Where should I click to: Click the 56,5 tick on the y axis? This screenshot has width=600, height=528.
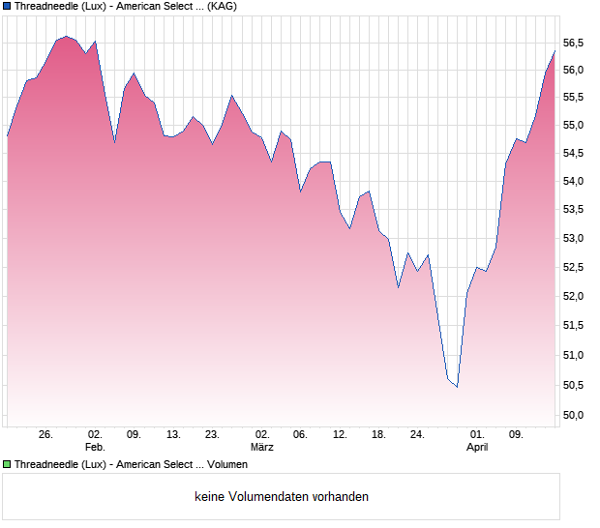pyautogui.click(x=575, y=43)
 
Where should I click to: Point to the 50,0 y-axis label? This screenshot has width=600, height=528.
pyautogui.click(x=575, y=415)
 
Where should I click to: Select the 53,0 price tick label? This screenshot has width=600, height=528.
pyautogui.click(x=575, y=238)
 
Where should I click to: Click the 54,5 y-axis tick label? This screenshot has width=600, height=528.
pyautogui.click(x=575, y=153)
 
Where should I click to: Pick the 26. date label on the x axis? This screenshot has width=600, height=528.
pyautogui.click(x=45, y=435)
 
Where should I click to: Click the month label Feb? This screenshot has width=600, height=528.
pyautogui.click(x=95, y=448)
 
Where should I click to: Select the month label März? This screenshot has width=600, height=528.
pyautogui.click(x=261, y=448)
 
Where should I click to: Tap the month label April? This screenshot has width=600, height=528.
pyautogui.click(x=477, y=448)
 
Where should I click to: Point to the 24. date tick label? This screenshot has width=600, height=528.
pyautogui.click(x=417, y=435)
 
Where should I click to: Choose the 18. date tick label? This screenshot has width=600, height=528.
pyautogui.click(x=379, y=435)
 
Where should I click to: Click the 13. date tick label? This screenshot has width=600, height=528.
pyautogui.click(x=173, y=435)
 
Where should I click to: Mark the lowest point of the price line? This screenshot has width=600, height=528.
pyautogui.click(x=457, y=387)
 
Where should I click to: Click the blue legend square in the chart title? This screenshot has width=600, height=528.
pyautogui.click(x=7, y=6)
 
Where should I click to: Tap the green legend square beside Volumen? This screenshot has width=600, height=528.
pyautogui.click(x=7, y=464)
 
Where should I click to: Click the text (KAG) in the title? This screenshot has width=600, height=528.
pyautogui.click(x=223, y=6)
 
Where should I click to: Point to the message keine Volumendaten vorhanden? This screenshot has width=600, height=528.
pyautogui.click(x=282, y=497)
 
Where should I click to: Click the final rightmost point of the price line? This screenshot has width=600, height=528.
pyautogui.click(x=555, y=50)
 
